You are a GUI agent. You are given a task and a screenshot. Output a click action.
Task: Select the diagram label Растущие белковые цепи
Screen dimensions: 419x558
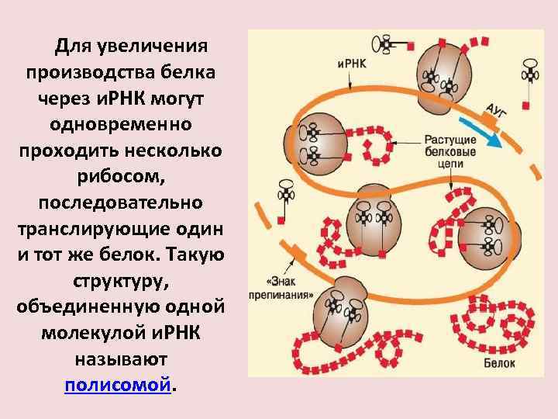click(x=444, y=152)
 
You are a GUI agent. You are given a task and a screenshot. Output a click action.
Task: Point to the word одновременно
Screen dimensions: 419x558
click(x=119, y=124)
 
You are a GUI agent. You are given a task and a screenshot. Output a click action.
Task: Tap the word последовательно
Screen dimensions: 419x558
click(x=119, y=202)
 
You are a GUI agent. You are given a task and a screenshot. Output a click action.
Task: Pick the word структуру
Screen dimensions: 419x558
click(x=119, y=280)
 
